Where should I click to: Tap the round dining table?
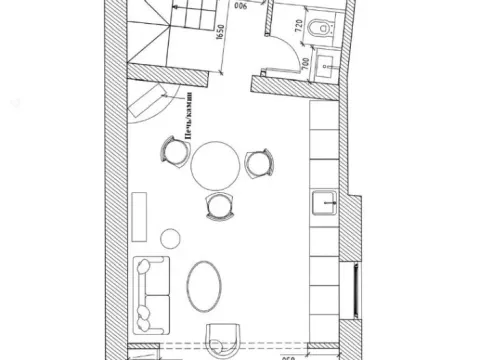tap(216, 166)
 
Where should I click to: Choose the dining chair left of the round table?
tap(174, 152)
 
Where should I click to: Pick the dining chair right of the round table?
tap(257, 162)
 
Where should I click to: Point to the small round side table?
tap(171, 238)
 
